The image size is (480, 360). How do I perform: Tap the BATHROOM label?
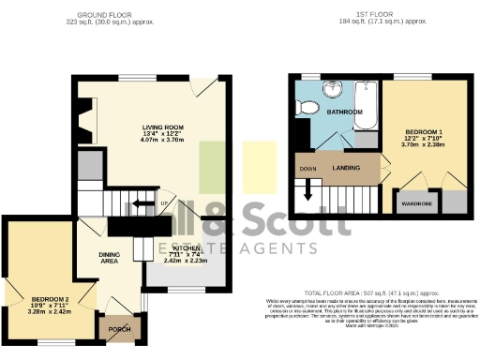pos(345,112)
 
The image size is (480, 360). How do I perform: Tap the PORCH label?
pos(120,329)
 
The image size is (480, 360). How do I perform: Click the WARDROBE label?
pos(416,200)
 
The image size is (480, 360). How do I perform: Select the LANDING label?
pos(346,168)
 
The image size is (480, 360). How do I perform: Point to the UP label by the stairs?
pos(164,203)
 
